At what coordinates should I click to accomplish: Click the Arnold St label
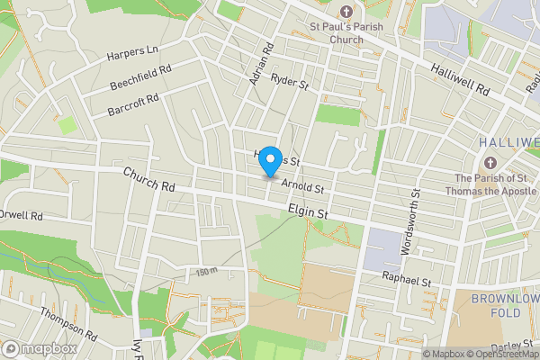[x=302, y=185]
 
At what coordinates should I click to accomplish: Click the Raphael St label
[x=408, y=279]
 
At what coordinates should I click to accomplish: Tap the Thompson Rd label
[x=68, y=322]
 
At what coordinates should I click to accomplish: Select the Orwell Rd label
[x=20, y=216]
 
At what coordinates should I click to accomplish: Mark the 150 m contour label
[x=207, y=271]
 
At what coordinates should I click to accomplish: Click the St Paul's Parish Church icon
[x=347, y=13]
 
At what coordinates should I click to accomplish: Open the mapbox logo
[x=40, y=348]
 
